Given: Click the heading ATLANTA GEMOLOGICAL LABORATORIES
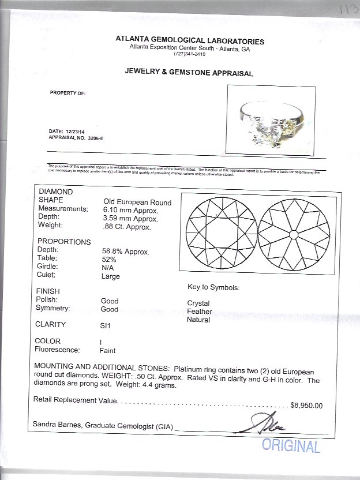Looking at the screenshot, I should (x=190, y=41).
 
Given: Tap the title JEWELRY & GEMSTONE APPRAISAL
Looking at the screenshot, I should (x=189, y=73).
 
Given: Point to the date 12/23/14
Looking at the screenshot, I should (x=70, y=132).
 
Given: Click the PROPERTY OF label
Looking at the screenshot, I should (x=67, y=93).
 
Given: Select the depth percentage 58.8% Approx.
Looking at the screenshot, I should (x=123, y=252).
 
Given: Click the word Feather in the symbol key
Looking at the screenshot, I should (x=198, y=311).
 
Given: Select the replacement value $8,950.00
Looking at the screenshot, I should (x=307, y=405).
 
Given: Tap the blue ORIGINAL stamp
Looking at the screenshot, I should (x=291, y=445).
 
